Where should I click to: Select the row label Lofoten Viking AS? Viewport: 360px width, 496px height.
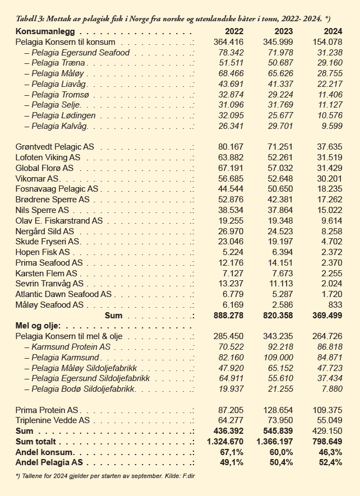point(48,157)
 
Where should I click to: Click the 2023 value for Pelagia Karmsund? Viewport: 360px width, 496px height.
point(279,357)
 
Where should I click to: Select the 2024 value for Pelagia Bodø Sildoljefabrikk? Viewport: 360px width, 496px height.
point(332,388)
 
